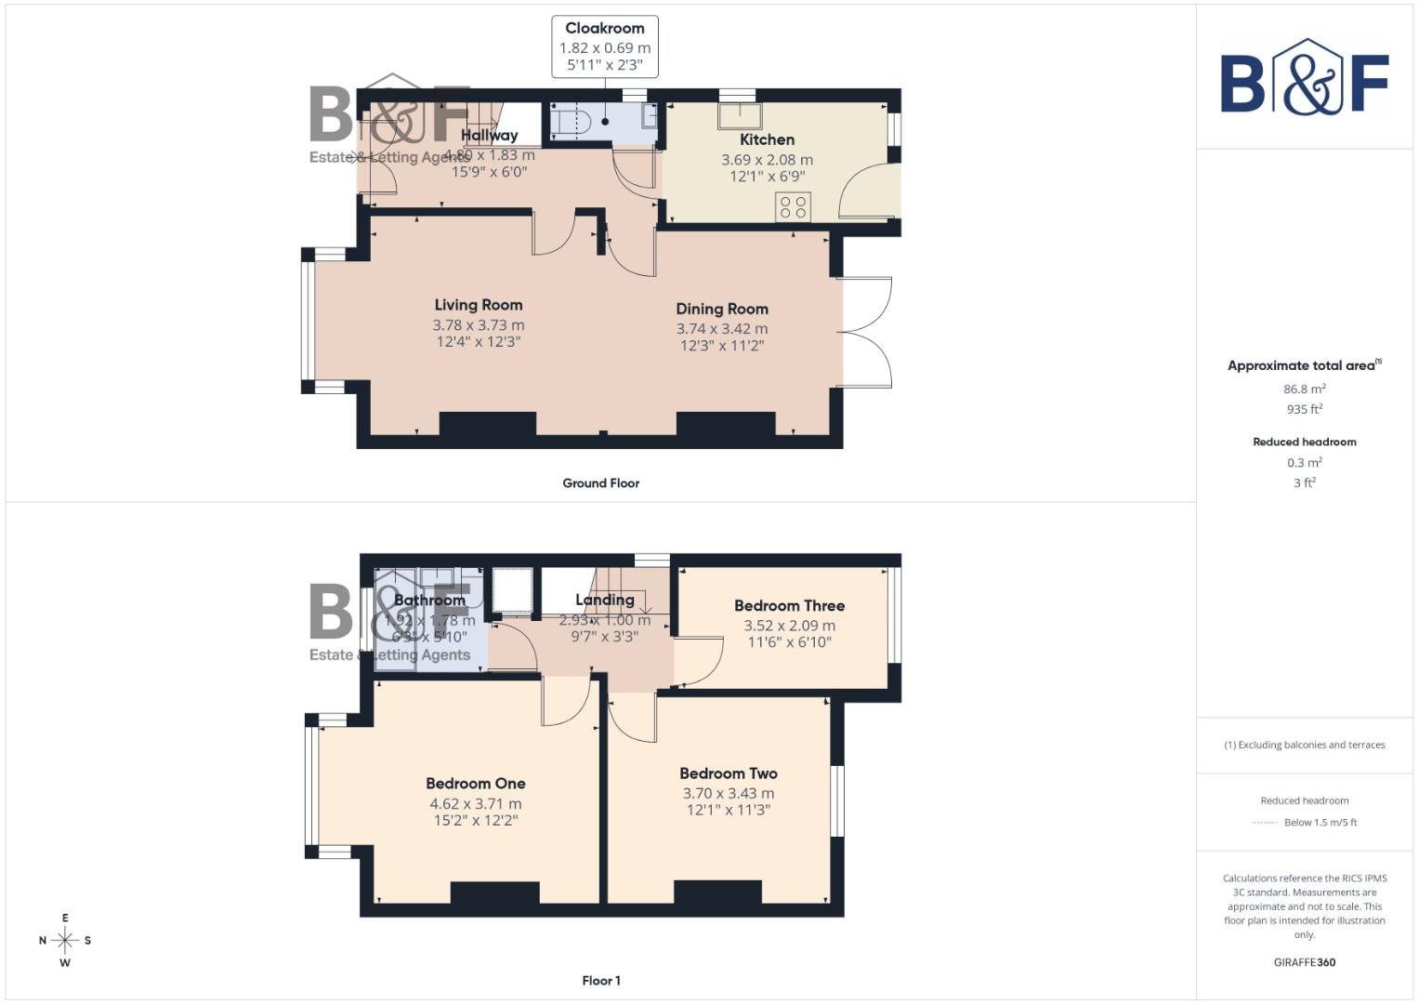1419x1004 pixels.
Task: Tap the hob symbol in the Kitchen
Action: coord(793,206)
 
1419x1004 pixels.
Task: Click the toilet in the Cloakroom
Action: coord(572,121)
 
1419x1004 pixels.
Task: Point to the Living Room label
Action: coord(479,305)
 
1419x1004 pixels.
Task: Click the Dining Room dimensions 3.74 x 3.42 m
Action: coord(722,329)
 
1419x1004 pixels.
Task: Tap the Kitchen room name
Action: coord(767,139)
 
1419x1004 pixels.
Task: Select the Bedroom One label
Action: coord(476,784)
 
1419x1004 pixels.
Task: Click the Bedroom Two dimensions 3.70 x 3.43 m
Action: coord(728,794)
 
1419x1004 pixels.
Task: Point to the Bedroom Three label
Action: coord(789,606)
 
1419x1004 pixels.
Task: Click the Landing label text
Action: coord(605,601)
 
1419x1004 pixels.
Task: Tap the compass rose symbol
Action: coord(65,940)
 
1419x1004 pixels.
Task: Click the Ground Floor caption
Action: coord(600,483)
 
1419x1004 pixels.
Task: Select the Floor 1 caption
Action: coord(600,981)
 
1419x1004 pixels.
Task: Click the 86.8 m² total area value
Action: coord(1304,390)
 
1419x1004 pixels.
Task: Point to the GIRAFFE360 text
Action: coord(1304,962)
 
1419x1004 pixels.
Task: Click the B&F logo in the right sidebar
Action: coord(1304,78)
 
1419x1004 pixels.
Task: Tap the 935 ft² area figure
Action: coord(1304,409)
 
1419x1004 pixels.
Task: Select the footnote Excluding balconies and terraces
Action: coord(1304,745)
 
